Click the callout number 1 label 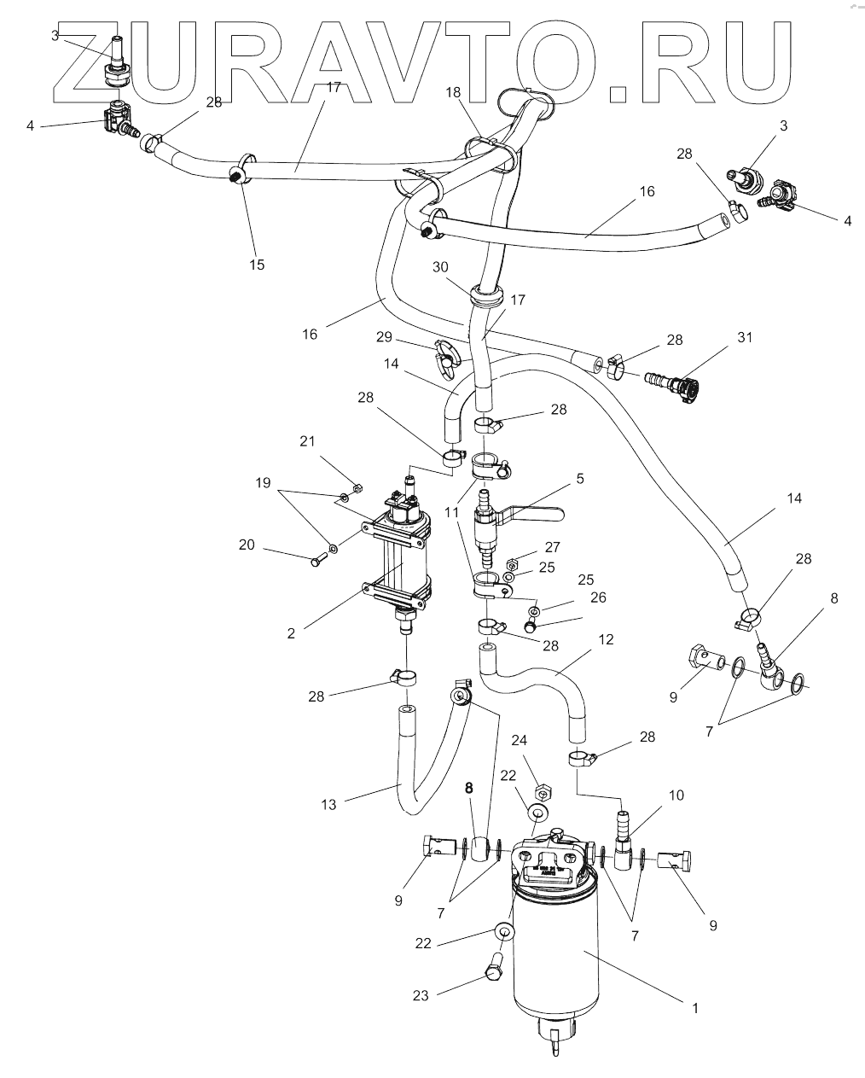[695, 1008]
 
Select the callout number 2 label [291, 633]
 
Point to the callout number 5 [580, 479]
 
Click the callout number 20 [247, 545]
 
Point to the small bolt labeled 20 [318, 561]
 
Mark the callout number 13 [329, 804]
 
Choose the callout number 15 [257, 265]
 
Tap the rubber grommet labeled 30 [485, 299]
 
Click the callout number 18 [452, 91]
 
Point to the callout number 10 [676, 795]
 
